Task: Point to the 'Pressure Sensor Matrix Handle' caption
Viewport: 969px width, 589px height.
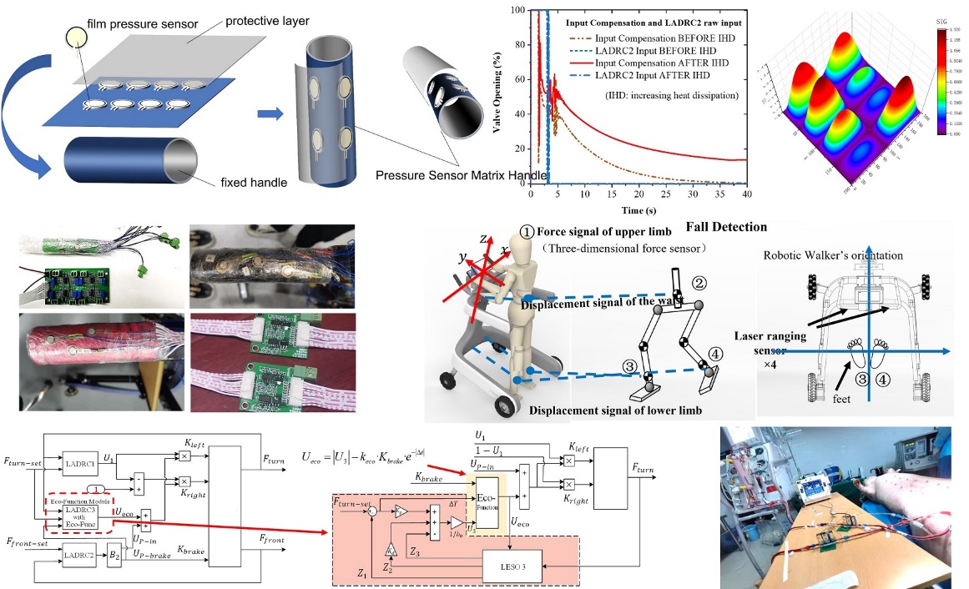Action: pyautogui.click(x=461, y=175)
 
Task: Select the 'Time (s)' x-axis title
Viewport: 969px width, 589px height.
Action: pyautogui.click(x=639, y=210)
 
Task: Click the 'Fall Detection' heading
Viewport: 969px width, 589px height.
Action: pyautogui.click(x=726, y=226)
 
